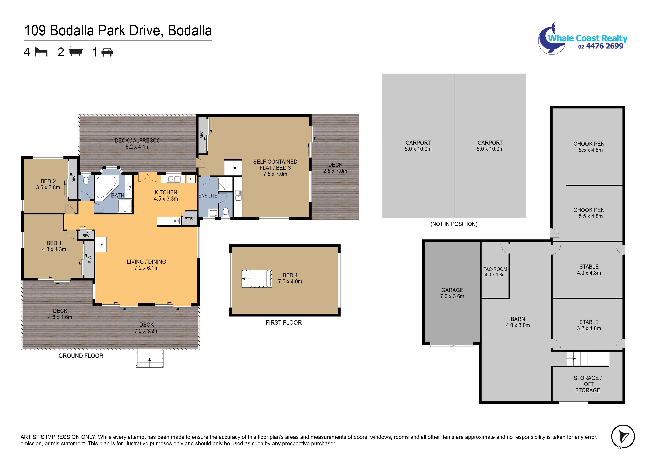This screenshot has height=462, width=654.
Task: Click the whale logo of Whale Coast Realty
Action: point(551,38)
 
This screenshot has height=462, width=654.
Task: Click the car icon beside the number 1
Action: point(107,52)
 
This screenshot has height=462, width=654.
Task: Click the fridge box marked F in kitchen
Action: point(191,179)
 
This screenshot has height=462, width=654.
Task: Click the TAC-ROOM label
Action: point(495,269)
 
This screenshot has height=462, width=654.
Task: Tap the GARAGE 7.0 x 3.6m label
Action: point(452,293)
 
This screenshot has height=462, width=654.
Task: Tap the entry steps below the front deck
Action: point(150,358)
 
